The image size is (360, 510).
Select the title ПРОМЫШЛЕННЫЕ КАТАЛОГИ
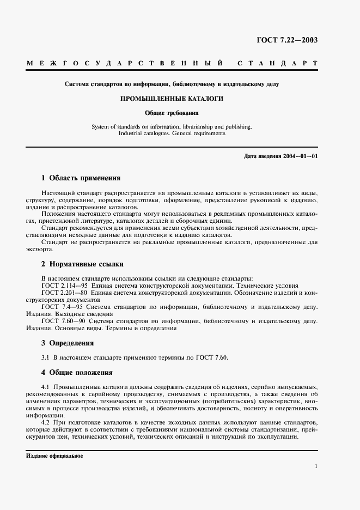click(180, 99)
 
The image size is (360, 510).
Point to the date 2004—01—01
click(301, 156)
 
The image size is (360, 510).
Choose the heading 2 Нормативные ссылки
click(83, 264)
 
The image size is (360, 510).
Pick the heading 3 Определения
click(68, 343)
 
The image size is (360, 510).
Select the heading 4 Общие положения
click(77, 373)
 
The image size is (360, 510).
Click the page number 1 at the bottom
click(316, 466)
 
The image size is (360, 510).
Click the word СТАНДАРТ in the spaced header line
click(277, 64)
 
